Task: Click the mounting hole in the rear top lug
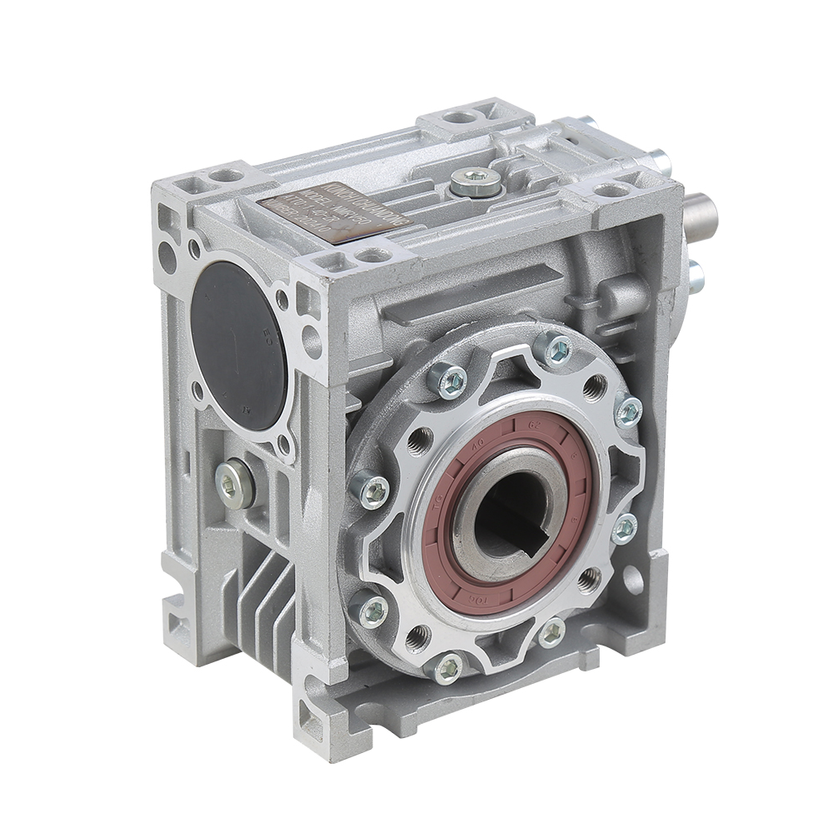pos(456,117)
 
